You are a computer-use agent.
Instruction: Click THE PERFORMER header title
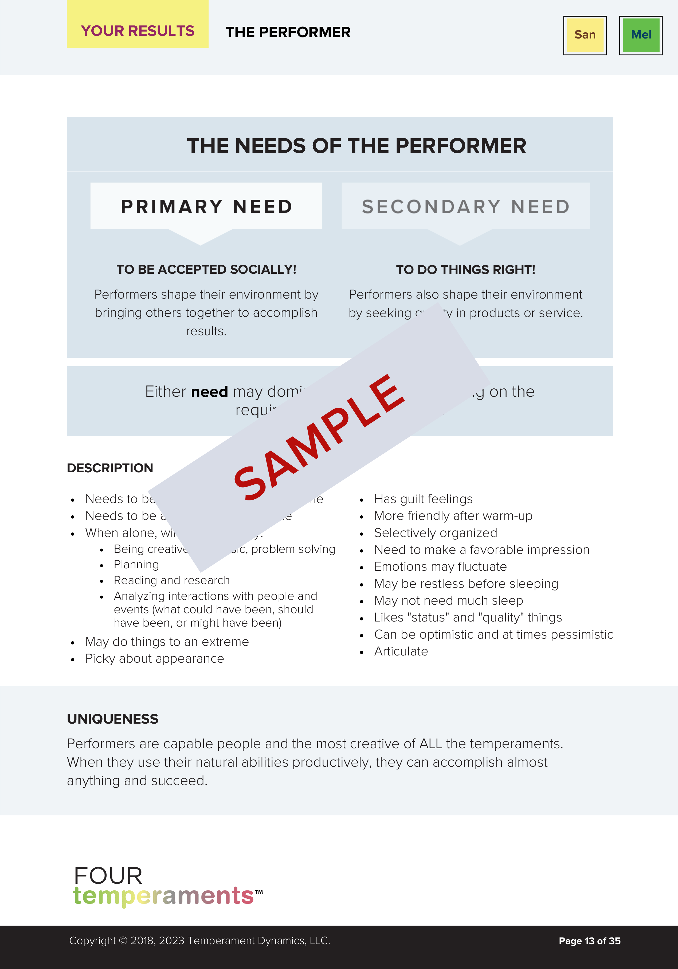pyautogui.click(x=288, y=32)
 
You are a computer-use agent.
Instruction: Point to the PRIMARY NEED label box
pyautogui.click(x=206, y=206)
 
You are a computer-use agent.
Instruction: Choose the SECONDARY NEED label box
pyautogui.click(x=465, y=206)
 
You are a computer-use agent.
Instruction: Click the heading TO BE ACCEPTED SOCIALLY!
pyautogui.click(x=206, y=269)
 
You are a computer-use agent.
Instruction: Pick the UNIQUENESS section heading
pyautogui.click(x=113, y=719)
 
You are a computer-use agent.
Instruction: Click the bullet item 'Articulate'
pyautogui.click(x=401, y=651)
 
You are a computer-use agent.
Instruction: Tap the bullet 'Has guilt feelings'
pyautogui.click(x=423, y=499)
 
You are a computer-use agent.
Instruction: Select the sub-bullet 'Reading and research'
pyautogui.click(x=172, y=580)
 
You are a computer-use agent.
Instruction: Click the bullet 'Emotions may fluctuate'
pyautogui.click(x=440, y=566)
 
